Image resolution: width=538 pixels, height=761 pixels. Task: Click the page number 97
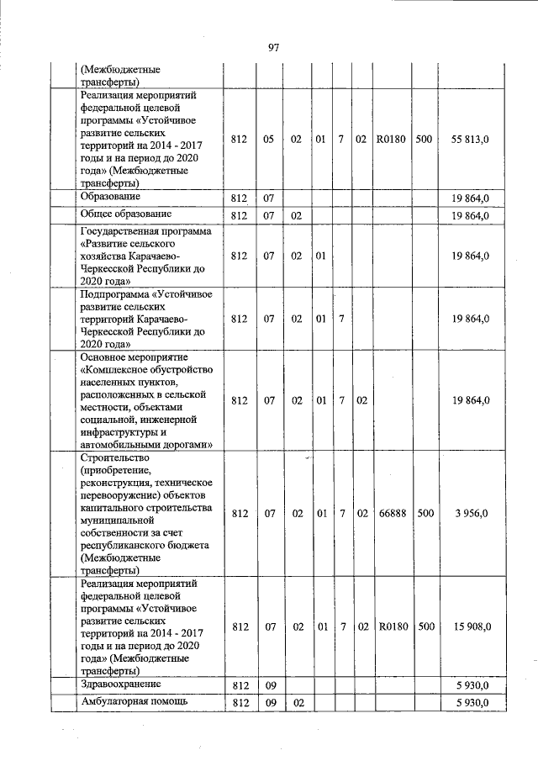pos(273,48)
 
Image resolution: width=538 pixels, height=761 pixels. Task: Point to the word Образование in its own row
pos(110,197)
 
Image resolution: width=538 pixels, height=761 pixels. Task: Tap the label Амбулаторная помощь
pos(129,701)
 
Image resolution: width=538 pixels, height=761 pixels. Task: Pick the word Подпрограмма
pos(116,294)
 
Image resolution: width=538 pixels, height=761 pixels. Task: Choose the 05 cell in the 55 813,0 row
pos(269,138)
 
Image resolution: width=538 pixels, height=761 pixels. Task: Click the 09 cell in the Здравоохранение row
pos(269,685)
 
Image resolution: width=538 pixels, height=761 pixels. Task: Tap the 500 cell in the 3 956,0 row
pos(425,512)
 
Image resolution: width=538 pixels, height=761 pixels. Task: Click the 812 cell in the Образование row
pos(240,198)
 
